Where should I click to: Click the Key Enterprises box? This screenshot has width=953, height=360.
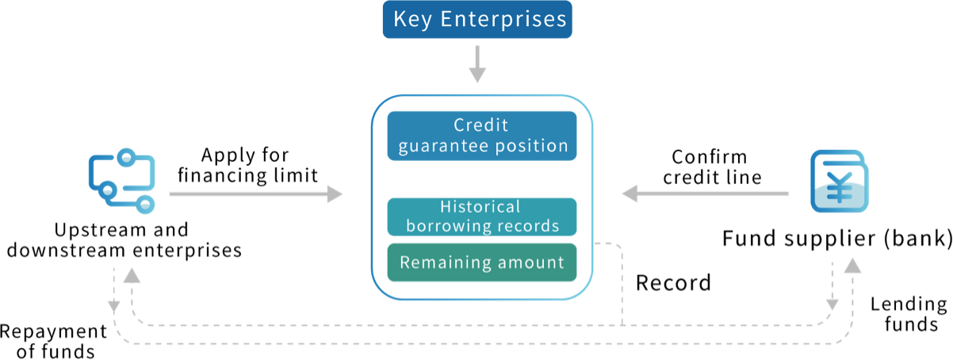476,20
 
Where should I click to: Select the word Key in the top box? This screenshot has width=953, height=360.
412,19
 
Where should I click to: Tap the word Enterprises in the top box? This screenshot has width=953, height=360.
503,19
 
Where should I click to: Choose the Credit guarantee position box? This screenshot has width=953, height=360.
482,136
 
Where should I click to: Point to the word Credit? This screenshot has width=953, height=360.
481,125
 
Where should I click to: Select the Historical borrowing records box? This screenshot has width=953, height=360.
482,216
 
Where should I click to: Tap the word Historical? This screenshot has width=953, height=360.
480,207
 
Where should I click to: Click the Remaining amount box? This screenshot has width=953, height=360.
482,262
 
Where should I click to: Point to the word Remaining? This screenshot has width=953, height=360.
441,262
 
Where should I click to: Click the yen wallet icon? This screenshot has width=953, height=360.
839,182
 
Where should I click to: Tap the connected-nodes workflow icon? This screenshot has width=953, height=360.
122,182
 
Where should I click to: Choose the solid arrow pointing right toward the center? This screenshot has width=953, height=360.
255,193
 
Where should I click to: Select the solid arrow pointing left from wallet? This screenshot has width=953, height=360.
705,193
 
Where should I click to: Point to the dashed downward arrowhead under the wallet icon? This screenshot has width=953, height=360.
832,304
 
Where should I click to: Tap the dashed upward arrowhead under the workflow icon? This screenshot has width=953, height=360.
132,274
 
